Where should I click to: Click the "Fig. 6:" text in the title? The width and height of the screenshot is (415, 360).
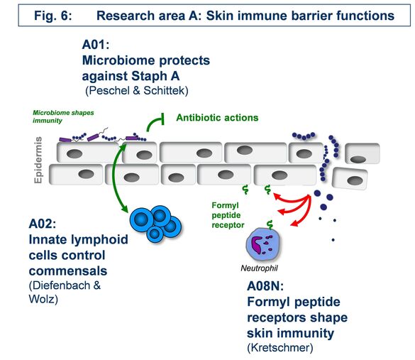point(53,16)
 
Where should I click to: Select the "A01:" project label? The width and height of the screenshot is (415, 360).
point(96,45)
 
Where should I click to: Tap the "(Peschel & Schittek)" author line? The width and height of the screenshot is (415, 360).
point(137,91)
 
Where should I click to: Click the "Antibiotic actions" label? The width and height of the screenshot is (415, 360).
point(217,118)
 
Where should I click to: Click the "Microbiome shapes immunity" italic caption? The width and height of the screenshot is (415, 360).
point(63,116)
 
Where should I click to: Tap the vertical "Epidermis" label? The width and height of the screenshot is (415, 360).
point(38,160)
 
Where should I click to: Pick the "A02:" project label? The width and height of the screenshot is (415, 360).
point(43,224)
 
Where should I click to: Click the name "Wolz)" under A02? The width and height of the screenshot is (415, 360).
point(43,299)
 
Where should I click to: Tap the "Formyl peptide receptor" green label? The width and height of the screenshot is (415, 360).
point(228,215)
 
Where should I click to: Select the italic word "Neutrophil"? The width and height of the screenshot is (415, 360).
point(259,268)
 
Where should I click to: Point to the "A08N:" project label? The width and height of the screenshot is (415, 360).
point(265,286)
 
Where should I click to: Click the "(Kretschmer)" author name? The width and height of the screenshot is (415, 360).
point(280,347)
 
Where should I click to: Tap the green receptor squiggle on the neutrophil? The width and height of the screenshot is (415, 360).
point(270,224)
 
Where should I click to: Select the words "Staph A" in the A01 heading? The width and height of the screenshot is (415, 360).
point(155,76)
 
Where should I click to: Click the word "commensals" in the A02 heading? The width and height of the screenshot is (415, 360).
point(68,271)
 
